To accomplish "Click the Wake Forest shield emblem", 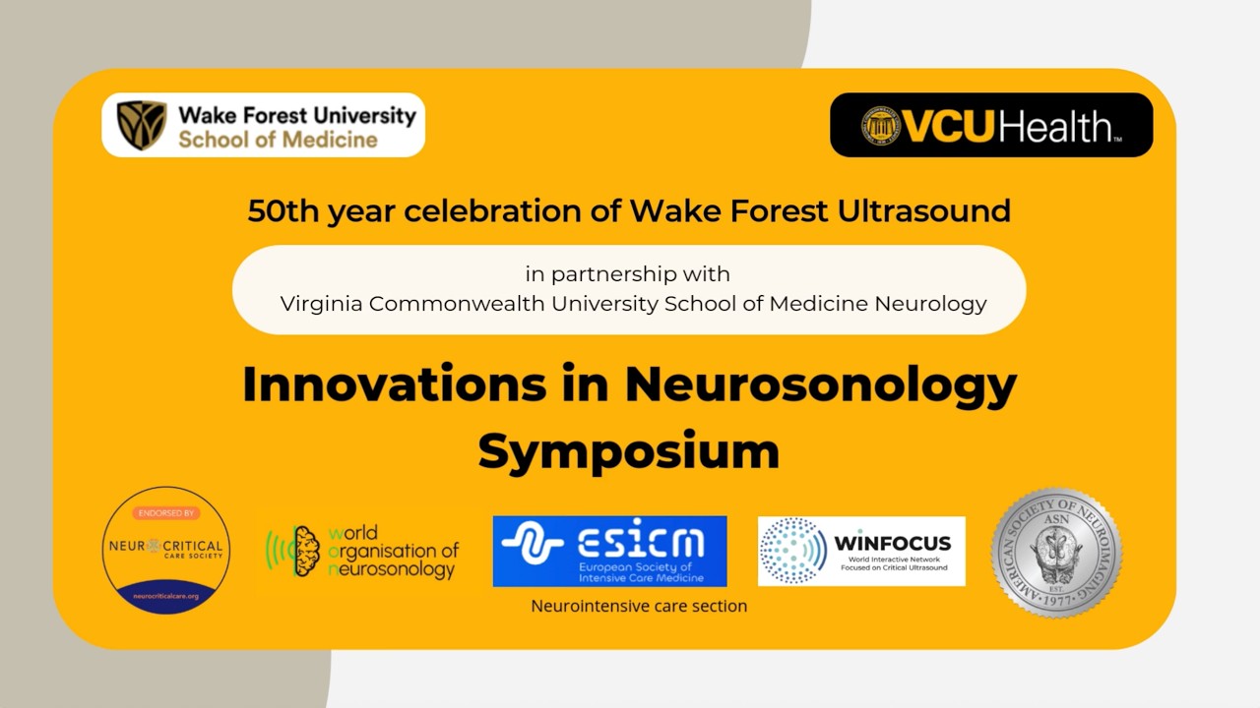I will click(142, 125).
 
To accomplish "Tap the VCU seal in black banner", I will click(881, 126).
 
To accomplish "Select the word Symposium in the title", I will click(628, 451).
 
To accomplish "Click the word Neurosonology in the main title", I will click(820, 384).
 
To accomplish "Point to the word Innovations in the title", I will click(394, 384).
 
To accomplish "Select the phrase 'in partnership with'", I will click(628, 273).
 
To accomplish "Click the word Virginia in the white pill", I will click(321, 304).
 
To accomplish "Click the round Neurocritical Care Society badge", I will click(166, 550).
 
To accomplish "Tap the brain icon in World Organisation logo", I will click(306, 551).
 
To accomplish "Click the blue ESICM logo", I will click(609, 551).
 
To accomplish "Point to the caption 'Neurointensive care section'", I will click(639, 606).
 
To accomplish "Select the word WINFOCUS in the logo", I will click(892, 543).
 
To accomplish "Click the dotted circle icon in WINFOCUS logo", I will click(793, 551).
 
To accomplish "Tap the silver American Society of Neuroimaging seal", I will click(1056, 553).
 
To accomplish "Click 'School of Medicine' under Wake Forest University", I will click(278, 140).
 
